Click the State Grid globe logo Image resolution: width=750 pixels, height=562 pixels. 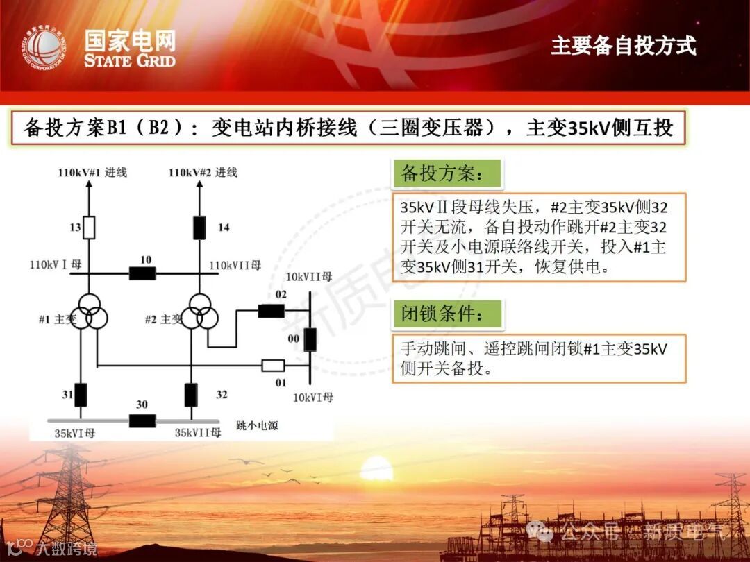tap(42, 48)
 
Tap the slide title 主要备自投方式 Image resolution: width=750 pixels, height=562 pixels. tap(623, 46)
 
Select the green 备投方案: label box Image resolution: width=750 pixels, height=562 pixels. tap(448, 173)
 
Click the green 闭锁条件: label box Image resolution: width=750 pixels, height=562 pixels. tap(448, 314)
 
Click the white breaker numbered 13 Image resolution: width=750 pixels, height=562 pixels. tap(89, 228)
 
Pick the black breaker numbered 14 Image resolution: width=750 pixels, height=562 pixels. tap(199, 227)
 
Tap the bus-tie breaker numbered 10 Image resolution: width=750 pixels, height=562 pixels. tap(142, 273)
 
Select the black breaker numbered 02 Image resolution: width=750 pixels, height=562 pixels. tap(272, 311)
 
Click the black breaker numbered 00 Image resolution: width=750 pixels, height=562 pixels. tap(310, 339)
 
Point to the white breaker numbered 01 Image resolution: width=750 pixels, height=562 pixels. tap(273, 366)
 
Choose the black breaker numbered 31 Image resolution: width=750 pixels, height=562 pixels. tap(81, 394)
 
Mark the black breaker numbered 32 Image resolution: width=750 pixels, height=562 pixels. tap(191, 394)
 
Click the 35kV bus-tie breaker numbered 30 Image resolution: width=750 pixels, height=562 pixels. tap(142, 420)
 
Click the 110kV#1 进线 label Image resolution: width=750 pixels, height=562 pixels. tap(92, 172)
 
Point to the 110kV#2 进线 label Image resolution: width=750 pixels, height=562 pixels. tap(203, 172)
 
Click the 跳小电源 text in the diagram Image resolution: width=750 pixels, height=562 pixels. tap(257, 425)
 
